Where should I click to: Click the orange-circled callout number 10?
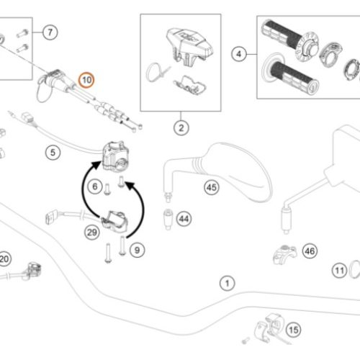point(86,80)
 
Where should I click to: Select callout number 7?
point(50,32)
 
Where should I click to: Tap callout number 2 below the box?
point(181,128)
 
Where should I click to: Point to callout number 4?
point(239,54)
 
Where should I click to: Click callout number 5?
point(53,153)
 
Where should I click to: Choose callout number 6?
point(95,186)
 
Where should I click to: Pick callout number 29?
point(92,233)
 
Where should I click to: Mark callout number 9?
point(137,250)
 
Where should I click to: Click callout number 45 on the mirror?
point(212,187)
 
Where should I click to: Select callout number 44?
point(184,219)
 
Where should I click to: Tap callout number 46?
point(310,251)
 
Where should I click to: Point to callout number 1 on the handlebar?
point(228,284)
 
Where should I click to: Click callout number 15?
point(294,330)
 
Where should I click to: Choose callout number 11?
point(340,271)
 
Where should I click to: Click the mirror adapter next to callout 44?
point(168,220)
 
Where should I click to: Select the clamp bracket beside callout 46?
point(285,255)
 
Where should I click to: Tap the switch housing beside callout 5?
point(116,156)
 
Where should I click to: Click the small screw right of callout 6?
point(121,181)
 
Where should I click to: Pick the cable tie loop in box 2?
point(153,72)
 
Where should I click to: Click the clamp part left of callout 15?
point(261,330)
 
